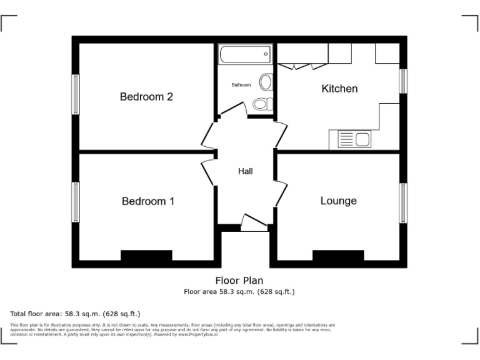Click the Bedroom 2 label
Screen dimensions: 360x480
point(146,97)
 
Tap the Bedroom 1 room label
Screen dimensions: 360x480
point(147,201)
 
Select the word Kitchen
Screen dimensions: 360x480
point(339,89)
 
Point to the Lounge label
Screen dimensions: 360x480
point(338,201)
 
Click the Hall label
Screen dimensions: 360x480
point(245,171)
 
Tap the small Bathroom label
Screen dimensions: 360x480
point(241,85)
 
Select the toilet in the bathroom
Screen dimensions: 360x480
point(261,104)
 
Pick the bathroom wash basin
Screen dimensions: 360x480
point(266,82)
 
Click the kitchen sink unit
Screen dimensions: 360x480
point(354,139)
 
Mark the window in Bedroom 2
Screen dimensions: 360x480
point(76,94)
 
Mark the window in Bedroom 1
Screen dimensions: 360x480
point(76,202)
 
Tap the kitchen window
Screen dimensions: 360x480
point(403,81)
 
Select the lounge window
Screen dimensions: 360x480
point(403,202)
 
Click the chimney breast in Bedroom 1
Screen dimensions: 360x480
point(146,256)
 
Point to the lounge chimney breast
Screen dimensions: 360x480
point(338,256)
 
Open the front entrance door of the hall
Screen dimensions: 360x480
point(253,223)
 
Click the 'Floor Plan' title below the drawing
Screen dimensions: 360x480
point(239,281)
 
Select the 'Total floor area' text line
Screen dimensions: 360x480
point(76,314)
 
